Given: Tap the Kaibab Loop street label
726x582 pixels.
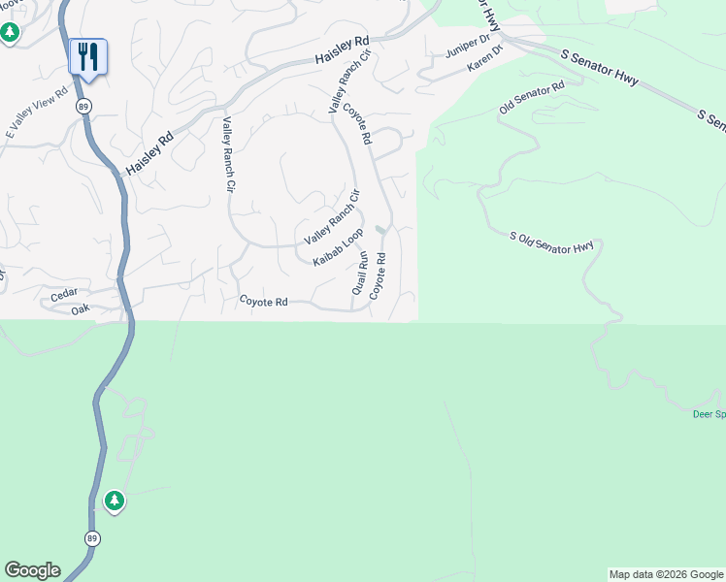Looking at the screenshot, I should [338, 247].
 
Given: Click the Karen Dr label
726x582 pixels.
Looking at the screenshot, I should [484, 59].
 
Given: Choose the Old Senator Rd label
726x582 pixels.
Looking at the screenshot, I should [532, 98].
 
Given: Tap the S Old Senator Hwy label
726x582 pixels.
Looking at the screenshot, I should [551, 243].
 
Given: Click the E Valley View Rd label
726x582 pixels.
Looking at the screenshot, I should [37, 115].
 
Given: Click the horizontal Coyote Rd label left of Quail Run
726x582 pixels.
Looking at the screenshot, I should [264, 302].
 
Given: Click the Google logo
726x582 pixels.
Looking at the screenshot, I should [32, 570].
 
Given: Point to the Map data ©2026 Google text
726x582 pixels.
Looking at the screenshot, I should [666, 574].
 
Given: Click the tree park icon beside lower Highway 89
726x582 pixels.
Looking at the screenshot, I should [115, 501].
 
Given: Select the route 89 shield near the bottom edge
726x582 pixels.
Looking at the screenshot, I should [92, 538].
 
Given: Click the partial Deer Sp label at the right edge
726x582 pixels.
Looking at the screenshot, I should [708, 414].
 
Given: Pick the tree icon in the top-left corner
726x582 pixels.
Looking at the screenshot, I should [10, 33].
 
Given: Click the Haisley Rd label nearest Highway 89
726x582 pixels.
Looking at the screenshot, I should [149, 152].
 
